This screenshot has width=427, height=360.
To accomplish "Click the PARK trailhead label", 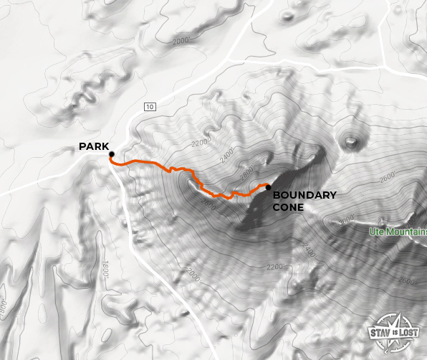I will pos(94,147).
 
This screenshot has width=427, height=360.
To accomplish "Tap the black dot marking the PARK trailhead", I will pos(112,154).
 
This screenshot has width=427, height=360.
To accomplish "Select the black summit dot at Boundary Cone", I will pos(268,188).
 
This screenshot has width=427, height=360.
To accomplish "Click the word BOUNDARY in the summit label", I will pos(304,195).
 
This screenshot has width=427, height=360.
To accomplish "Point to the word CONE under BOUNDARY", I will pos(288,207).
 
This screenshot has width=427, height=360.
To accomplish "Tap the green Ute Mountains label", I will pos(398,232).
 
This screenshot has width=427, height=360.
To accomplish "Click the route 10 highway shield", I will pos(149,107).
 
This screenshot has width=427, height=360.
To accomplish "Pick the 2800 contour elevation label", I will pos(247,172).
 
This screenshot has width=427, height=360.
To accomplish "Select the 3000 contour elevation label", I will pos(346,221).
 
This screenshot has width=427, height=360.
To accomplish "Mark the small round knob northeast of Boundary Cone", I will pos(351,141).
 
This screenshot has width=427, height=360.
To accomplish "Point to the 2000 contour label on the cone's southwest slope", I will pos(192,274).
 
